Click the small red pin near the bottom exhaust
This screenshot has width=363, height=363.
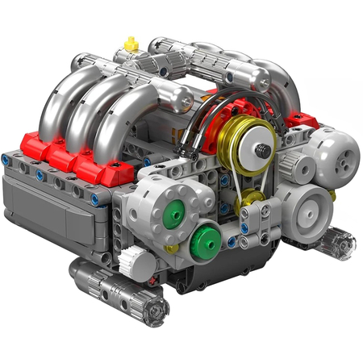click(153, 282)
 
